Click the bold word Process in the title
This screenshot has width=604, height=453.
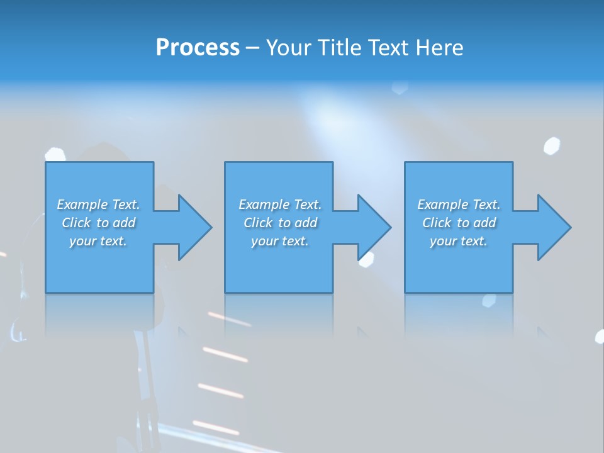(198, 48)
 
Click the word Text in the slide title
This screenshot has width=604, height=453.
(389, 48)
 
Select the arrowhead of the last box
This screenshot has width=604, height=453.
(553, 227)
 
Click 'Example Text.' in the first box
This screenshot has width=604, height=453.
(98, 204)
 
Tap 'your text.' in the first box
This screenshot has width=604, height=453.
(98, 241)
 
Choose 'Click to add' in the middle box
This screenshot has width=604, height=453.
(280, 223)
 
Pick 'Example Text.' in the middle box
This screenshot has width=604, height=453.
(280, 204)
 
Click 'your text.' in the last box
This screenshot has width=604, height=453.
(459, 241)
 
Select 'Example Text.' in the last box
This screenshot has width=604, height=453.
(459, 204)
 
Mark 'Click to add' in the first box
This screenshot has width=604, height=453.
(98, 223)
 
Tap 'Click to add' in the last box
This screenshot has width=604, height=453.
(459, 223)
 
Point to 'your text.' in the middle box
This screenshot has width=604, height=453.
(280, 241)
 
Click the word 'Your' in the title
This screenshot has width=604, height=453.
(286, 48)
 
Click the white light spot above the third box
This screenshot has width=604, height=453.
(552, 145)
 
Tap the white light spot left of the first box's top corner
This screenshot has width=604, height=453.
(55, 154)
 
